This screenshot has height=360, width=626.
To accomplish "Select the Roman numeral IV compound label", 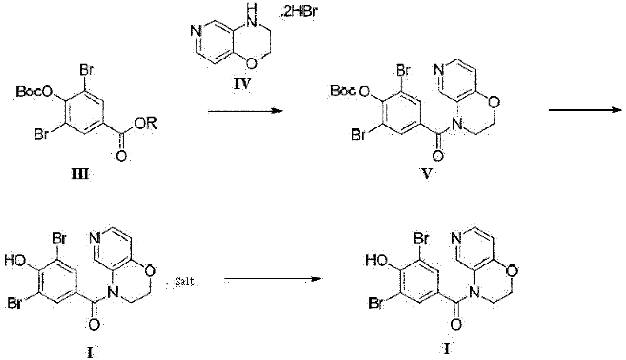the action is (242, 83).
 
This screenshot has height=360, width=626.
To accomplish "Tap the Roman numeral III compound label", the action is (80, 174).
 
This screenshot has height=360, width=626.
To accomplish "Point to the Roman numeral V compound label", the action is (427, 174).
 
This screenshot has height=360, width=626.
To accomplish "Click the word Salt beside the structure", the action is (185, 281).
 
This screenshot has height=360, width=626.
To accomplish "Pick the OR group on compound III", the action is (146, 123).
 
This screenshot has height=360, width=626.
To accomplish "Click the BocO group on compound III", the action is (35, 91).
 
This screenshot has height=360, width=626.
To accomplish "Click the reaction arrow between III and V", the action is (245, 111).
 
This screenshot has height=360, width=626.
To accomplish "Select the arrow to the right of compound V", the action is (585, 110).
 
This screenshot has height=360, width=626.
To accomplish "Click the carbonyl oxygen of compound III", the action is (121, 156).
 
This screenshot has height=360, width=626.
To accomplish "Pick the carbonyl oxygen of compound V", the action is (437, 155).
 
